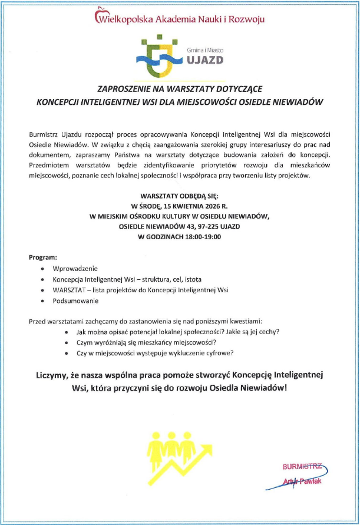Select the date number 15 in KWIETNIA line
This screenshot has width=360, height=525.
pyautogui.click(x=163, y=206)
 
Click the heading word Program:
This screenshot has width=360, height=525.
pyautogui.click(x=43, y=257)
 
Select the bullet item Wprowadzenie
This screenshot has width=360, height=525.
pyautogui.click(x=75, y=269)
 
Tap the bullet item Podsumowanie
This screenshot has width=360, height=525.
pyautogui.click(x=75, y=301)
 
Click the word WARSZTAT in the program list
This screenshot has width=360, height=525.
pyautogui.click(x=70, y=290)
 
